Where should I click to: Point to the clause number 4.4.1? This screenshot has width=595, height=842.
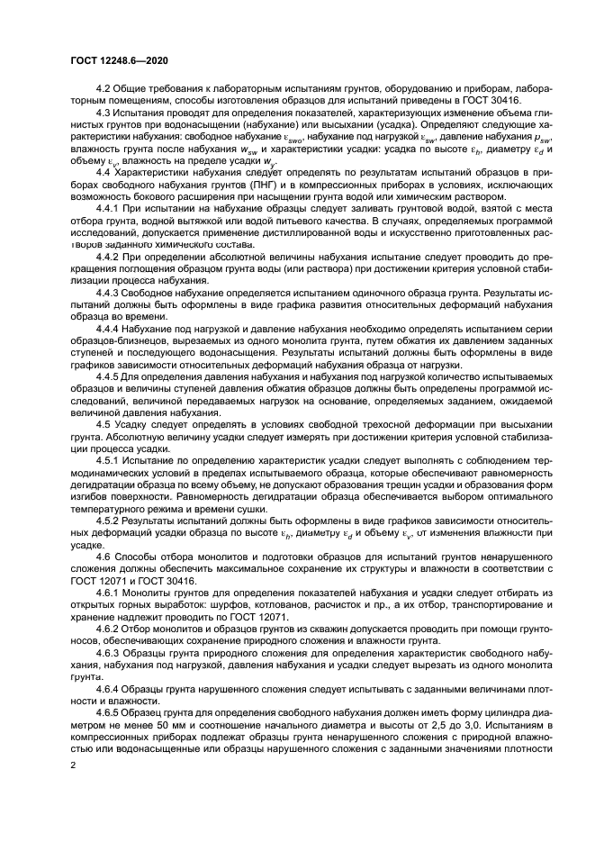tap(111, 207)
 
